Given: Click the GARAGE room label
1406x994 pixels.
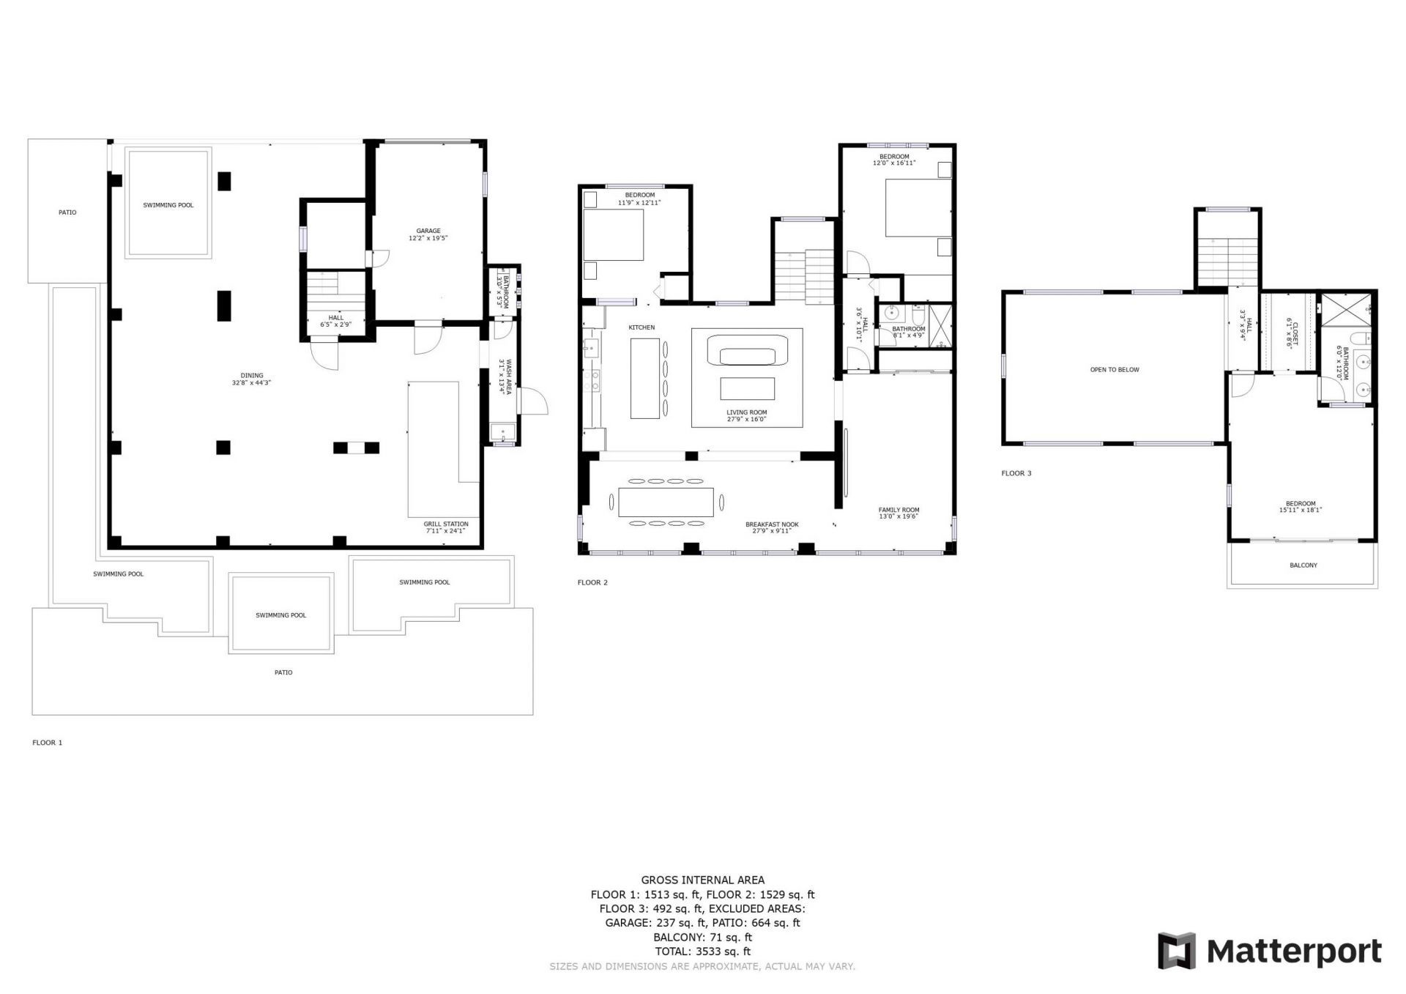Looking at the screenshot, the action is point(428,231).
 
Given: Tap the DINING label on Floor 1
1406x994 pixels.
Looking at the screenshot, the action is point(252,376).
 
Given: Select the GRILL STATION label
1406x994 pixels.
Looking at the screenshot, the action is point(446,524).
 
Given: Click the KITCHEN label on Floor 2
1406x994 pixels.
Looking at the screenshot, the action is point(641,327).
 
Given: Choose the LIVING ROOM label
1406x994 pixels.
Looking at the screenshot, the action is point(747,412).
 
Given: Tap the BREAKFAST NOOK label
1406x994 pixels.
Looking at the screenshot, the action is point(772,524).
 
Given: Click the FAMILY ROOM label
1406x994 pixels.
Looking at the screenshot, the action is point(899,510).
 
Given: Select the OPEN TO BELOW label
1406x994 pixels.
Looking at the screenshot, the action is point(1115,370).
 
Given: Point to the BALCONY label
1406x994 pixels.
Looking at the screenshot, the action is point(1303,565).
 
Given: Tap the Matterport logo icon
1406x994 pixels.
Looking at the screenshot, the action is point(1176,951).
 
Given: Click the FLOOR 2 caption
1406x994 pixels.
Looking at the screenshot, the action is point(592,583).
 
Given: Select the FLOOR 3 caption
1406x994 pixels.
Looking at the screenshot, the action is point(1016,473).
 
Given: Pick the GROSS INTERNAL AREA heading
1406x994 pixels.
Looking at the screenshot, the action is point(703,880).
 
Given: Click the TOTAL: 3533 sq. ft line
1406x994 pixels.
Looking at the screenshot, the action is point(703,952).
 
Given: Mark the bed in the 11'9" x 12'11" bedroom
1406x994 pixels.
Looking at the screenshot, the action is point(614,235).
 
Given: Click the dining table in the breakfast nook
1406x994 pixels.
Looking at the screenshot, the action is point(666,502).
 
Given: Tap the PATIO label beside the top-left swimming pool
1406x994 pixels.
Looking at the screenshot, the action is point(67,212).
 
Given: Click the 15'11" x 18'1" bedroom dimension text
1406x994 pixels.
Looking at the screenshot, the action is point(1301,510).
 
